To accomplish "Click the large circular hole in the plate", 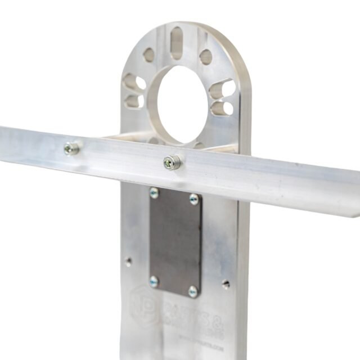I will coord(182,103).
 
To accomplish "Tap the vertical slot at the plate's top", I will coord(177,43).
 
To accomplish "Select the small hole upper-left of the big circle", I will coord(148,55).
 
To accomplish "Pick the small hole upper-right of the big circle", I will coord(206,57).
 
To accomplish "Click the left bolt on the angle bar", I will coord(71,148).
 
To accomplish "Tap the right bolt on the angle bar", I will coord(172,163).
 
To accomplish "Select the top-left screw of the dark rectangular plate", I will coord(154,193).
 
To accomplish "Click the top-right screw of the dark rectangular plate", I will coord(193,199).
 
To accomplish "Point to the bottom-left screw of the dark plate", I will coord(154,281).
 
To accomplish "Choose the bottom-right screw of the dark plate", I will coord(193,291).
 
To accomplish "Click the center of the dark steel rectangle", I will coord(174,242).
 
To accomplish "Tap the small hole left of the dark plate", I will coord(128,262).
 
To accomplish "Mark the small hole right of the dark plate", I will coord(226,285).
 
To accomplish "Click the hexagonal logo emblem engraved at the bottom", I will coord(143,304).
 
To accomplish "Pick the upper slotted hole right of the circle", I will coord(222,89).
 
